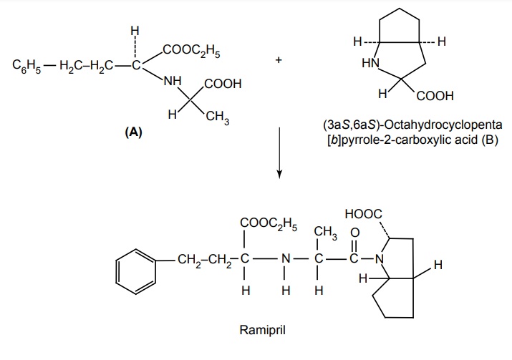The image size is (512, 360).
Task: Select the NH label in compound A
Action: click(x=173, y=80)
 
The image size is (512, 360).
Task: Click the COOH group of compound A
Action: click(x=223, y=84)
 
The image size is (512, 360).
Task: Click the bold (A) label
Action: click(x=133, y=132)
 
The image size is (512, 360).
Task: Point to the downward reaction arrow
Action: click(x=280, y=154)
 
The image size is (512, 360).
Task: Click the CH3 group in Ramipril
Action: click(x=324, y=232)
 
